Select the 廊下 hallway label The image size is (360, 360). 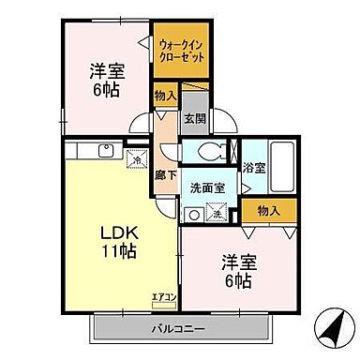[x=160, y=174]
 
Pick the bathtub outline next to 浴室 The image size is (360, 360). [x=281, y=165]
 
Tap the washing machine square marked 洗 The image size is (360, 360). [x=216, y=213]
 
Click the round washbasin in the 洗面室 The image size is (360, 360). [x=194, y=214]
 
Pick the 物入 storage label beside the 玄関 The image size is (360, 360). [x=164, y=97]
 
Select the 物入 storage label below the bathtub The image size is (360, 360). [x=269, y=210]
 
